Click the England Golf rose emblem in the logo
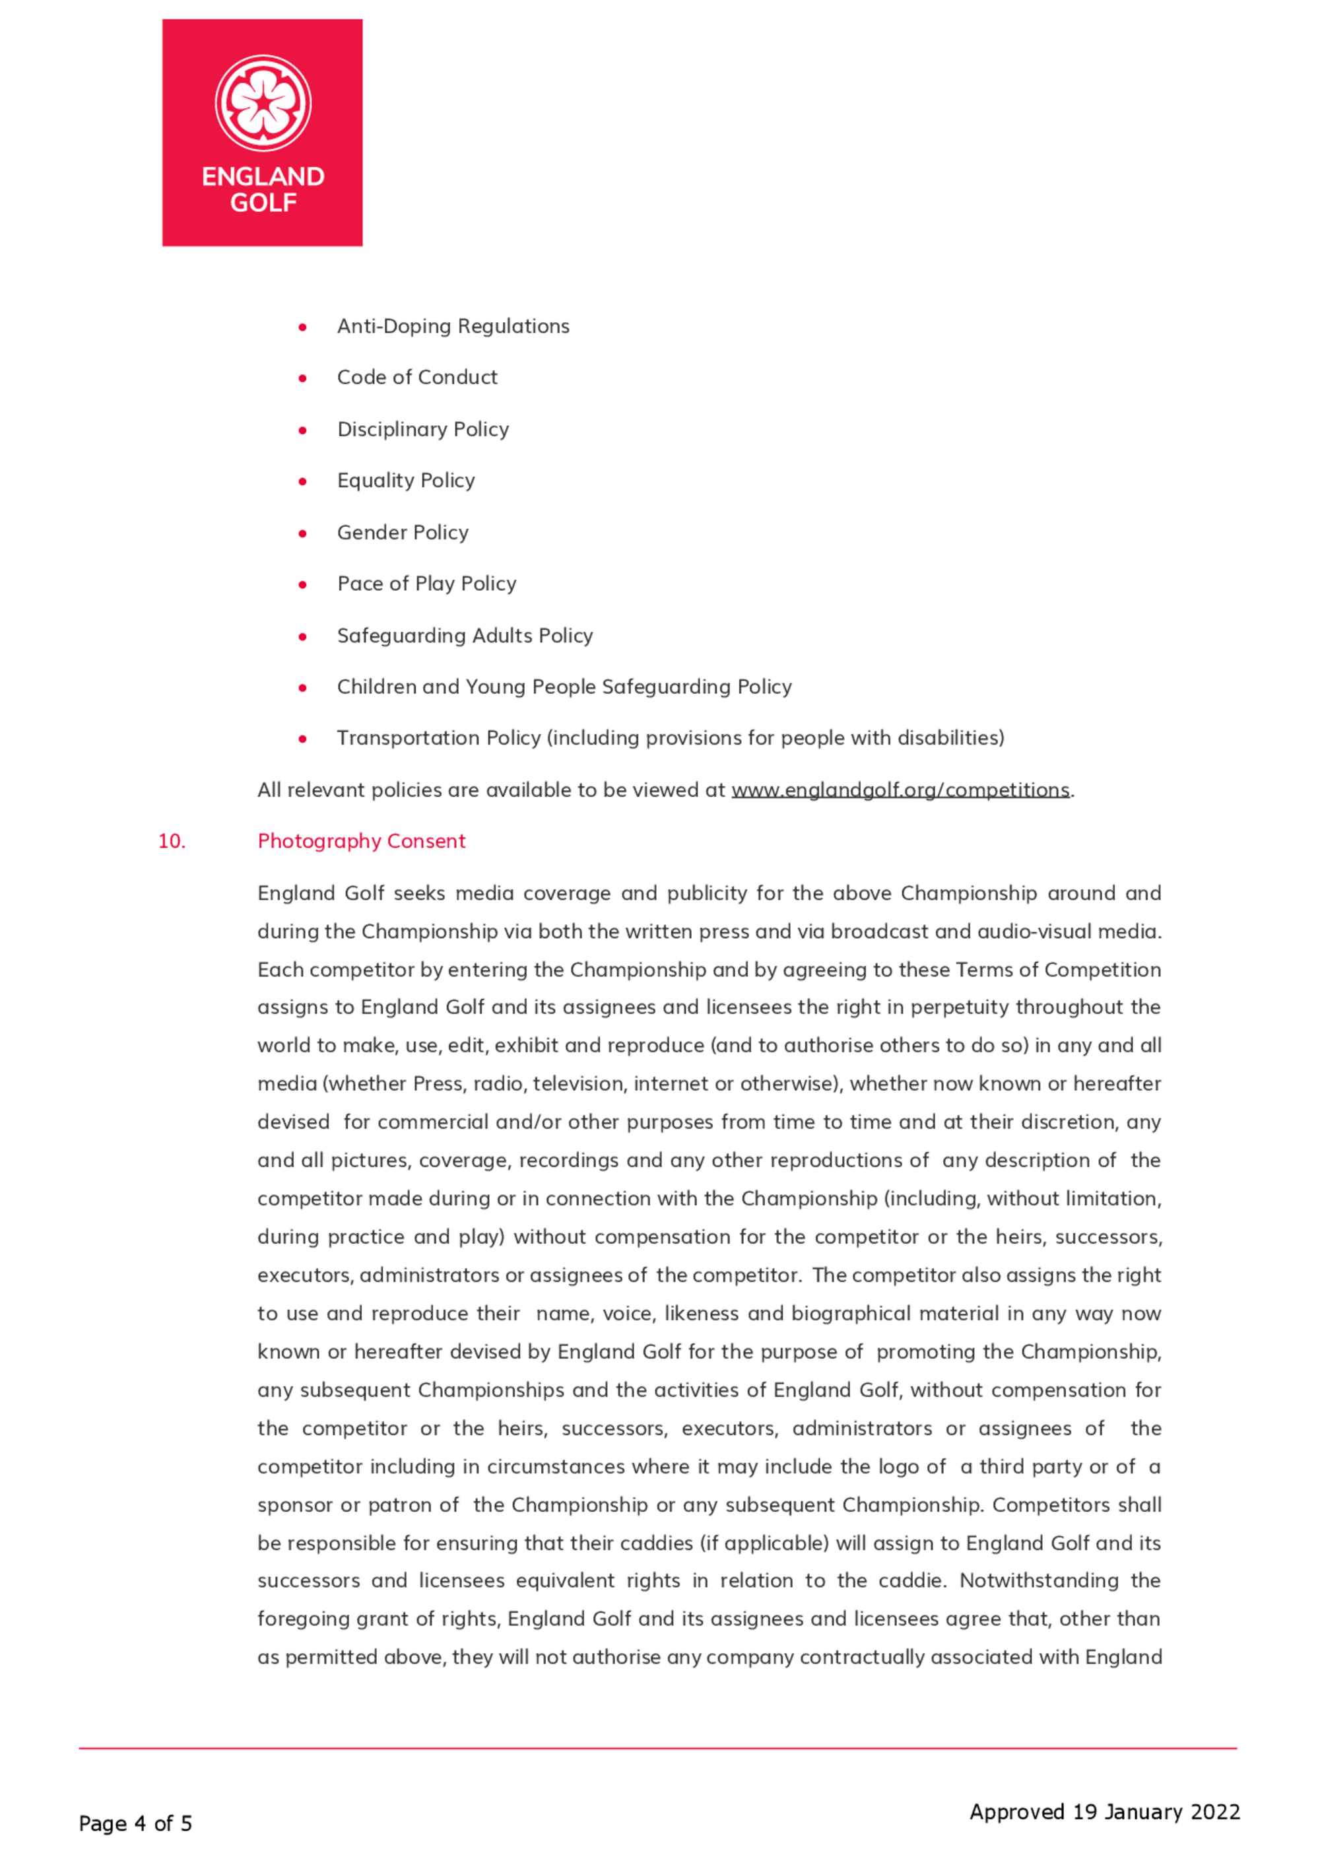263,103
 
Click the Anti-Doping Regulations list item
453,326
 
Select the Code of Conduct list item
417,377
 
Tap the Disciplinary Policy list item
422,429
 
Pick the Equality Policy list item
406,481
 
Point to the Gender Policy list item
403,533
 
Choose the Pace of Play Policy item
427,584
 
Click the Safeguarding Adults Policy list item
465,636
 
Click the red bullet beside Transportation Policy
302,739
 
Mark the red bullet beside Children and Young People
302,688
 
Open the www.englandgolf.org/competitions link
900,790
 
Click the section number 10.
172,842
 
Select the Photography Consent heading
361,842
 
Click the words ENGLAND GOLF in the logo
263,189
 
